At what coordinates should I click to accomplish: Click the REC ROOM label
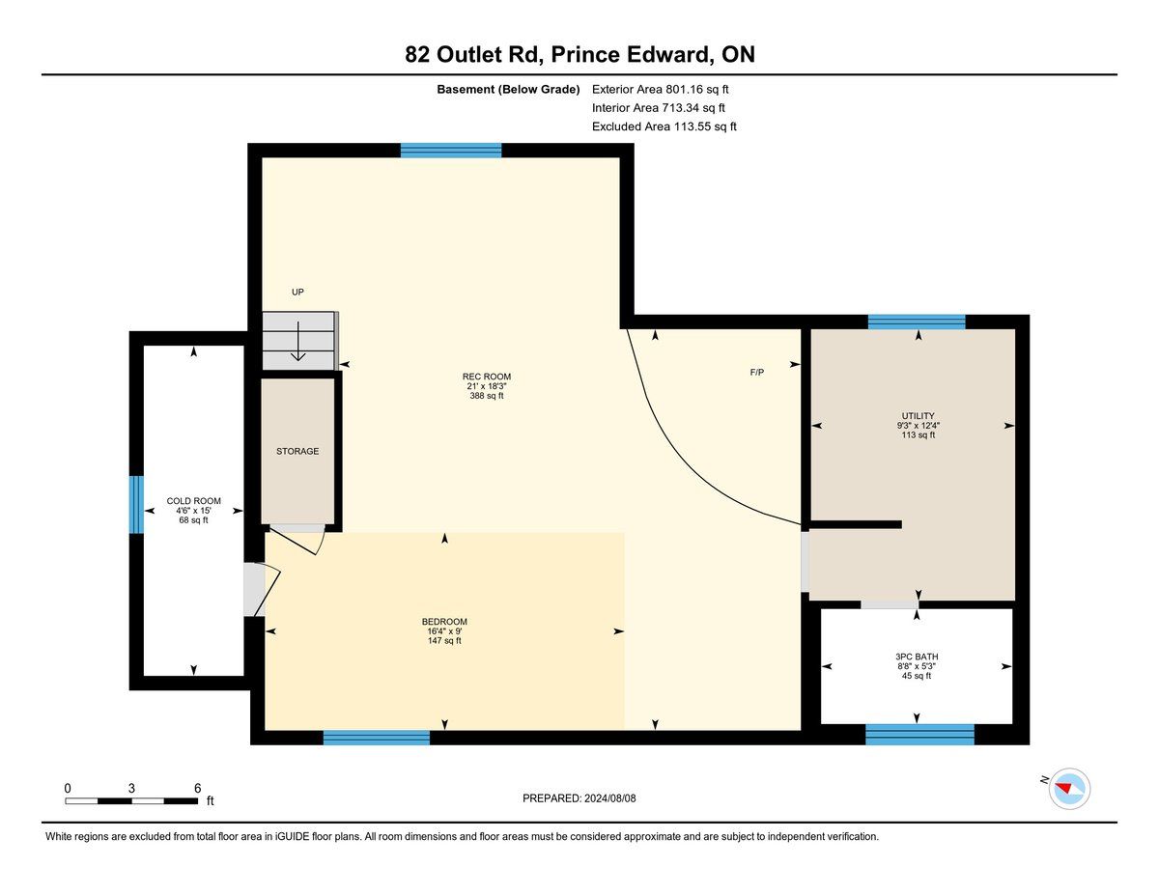pyautogui.click(x=487, y=377)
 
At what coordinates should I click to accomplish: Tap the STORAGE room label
pyautogui.click(x=297, y=452)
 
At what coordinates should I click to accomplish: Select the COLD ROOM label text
pyautogui.click(x=193, y=501)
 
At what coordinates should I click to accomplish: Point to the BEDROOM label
pyautogui.click(x=444, y=622)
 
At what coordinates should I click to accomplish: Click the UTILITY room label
pyautogui.click(x=918, y=416)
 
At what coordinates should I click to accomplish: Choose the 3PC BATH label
pyautogui.click(x=917, y=657)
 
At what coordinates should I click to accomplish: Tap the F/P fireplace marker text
pyautogui.click(x=757, y=373)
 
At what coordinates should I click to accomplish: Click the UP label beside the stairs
pyautogui.click(x=297, y=293)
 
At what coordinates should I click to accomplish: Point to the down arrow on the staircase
pyautogui.click(x=297, y=341)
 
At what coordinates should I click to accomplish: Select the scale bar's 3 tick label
pyautogui.click(x=131, y=788)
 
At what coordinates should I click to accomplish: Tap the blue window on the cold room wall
pyautogui.click(x=136, y=505)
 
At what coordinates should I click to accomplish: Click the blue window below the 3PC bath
pyautogui.click(x=919, y=734)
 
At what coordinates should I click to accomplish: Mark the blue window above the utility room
pyautogui.click(x=917, y=322)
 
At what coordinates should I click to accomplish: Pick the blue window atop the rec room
pyautogui.click(x=451, y=151)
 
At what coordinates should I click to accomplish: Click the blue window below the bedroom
pyautogui.click(x=377, y=738)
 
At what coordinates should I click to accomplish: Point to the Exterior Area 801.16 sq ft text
pyautogui.click(x=661, y=90)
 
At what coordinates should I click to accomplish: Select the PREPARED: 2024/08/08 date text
pyautogui.click(x=579, y=798)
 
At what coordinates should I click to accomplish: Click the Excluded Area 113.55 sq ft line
pyautogui.click(x=664, y=126)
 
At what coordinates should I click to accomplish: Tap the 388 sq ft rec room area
pyautogui.click(x=487, y=396)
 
